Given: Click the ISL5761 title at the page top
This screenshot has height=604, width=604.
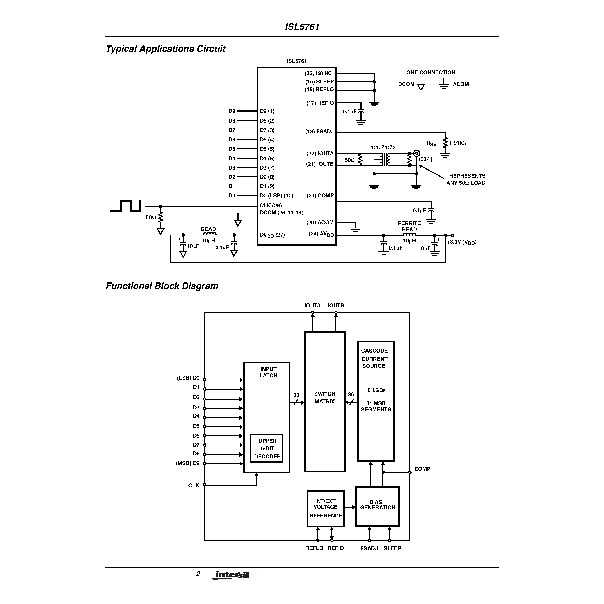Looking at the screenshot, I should [302, 27].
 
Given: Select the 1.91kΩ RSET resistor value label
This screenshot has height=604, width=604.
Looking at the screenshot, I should [458, 143].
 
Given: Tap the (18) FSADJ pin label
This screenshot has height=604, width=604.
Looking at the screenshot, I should [319, 132].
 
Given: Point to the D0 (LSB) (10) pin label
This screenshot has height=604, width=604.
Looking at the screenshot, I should [276, 196].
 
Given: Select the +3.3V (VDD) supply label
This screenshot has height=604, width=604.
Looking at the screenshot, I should [461, 242].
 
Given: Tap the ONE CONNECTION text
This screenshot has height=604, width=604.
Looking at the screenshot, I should [430, 72].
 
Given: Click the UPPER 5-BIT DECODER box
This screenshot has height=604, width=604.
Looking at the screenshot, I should [267, 448].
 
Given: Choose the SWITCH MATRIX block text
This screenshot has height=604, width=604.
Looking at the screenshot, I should [324, 398].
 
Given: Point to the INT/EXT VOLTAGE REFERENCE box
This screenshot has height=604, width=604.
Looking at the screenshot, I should [326, 508].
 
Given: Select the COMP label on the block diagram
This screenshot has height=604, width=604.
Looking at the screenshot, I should [422, 469].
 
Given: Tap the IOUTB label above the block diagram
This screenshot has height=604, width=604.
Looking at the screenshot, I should [336, 306].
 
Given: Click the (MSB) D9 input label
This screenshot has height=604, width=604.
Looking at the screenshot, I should [188, 463].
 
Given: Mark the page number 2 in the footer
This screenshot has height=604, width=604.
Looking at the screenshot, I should [198, 574].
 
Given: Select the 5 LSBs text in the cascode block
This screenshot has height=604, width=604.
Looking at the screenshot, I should [376, 390].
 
